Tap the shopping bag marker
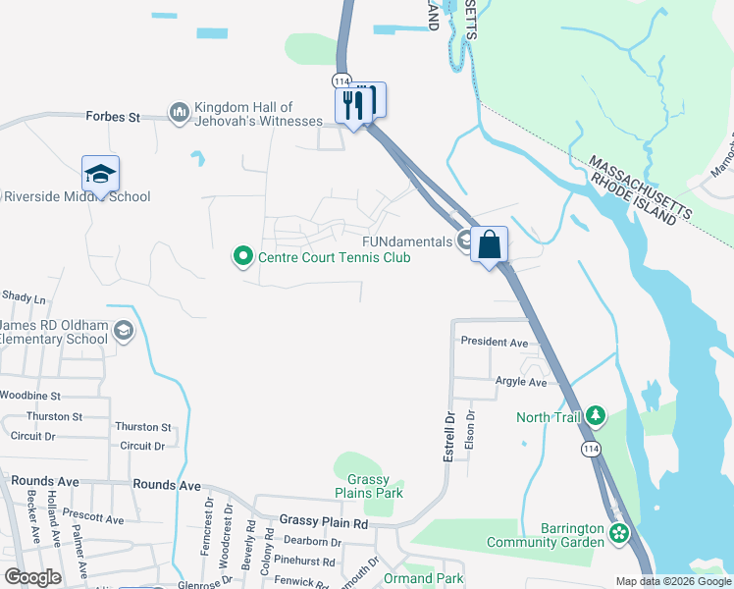pyautogui.click(x=490, y=243)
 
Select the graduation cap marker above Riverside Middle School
pyautogui.click(x=100, y=174)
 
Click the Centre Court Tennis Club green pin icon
pyautogui.click(x=242, y=257)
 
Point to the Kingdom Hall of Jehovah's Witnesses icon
pyautogui.click(x=179, y=115)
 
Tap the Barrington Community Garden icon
pyautogui.click(x=618, y=534)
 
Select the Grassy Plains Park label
pyautogui.click(x=369, y=485)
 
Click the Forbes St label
pyautogui.click(x=112, y=117)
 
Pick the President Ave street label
pyautogui.click(x=495, y=343)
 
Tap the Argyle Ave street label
pyautogui.click(x=520, y=382)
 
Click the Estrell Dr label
pyautogui.click(x=449, y=437)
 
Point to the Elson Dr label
pyautogui.click(x=470, y=428)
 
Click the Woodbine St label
pyautogui.click(x=29, y=396)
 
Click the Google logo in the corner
pyautogui.click(x=32, y=577)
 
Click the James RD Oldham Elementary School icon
pyautogui.click(x=123, y=331)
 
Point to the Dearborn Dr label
pyautogui.click(x=312, y=541)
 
